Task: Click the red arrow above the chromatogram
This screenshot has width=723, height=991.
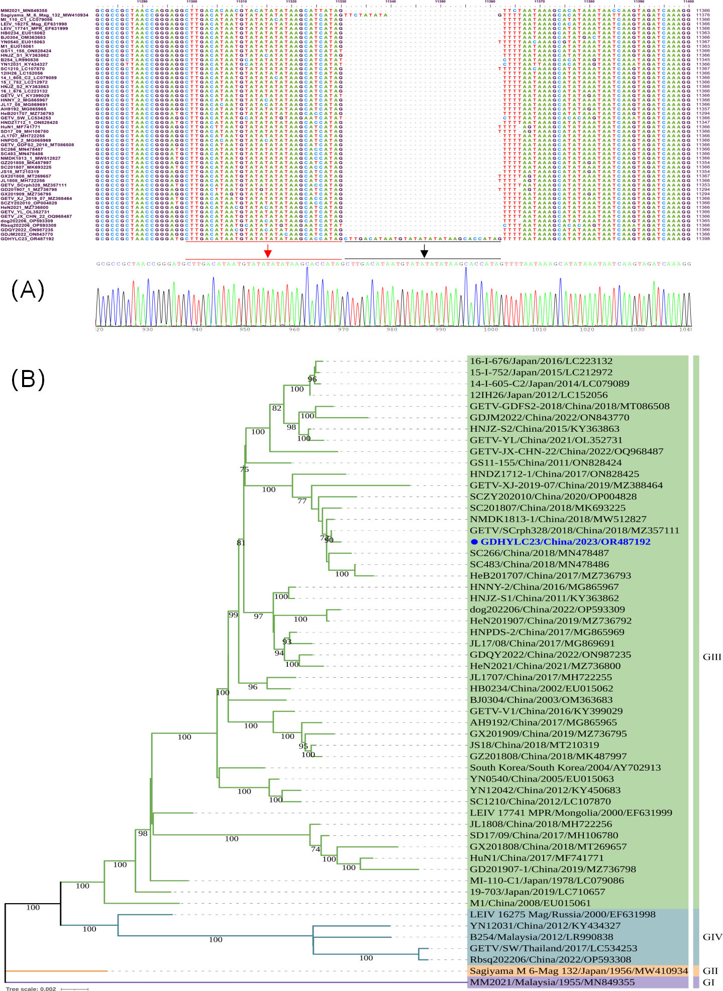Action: [268, 251]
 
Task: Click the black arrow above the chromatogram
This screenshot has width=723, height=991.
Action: [425, 251]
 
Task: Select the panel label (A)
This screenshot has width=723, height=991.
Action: [28, 291]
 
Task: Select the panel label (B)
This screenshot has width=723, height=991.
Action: [28, 379]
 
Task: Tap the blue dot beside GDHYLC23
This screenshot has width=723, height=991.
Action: [474, 542]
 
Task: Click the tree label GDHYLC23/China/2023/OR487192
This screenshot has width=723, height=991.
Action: [565, 542]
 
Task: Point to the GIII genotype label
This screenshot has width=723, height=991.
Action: [711, 657]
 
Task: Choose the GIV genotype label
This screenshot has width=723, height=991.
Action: [712, 937]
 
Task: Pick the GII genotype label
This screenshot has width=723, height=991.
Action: [710, 971]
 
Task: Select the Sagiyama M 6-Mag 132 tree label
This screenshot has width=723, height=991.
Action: [578, 971]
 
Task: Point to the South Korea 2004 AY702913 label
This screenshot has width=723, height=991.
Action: [565, 768]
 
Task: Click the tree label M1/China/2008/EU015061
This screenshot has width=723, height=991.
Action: [531, 903]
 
